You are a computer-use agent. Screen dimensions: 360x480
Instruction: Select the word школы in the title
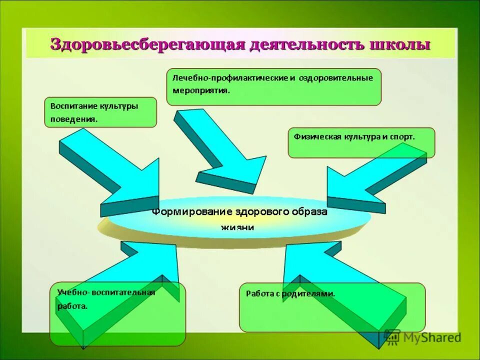pyautogui.click(x=399, y=44)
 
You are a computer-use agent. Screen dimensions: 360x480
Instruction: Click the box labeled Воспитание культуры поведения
pyautogui.click(x=100, y=112)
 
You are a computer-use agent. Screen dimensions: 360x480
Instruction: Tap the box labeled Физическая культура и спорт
pyautogui.click(x=361, y=142)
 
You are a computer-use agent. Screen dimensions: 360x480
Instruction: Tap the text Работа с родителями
pyautogui.click(x=290, y=293)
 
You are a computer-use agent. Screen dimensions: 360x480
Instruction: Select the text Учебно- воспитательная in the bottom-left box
pyautogui.click(x=106, y=292)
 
